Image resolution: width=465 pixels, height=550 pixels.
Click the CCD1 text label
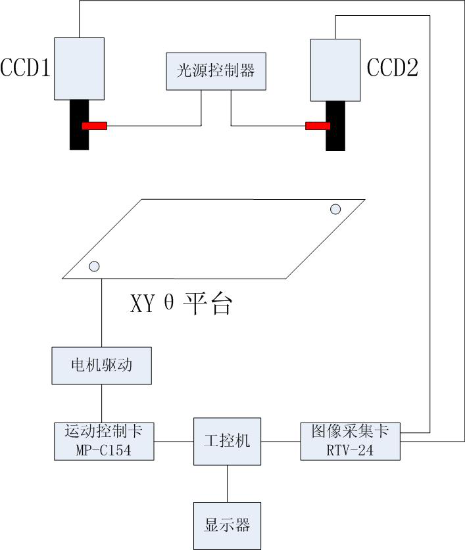click(26, 68)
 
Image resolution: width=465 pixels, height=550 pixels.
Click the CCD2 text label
click(393, 68)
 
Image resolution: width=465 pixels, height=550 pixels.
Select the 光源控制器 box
click(215, 71)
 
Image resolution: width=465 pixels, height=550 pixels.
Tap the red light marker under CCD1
click(94, 126)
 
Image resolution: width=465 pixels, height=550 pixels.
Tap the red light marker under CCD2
click(318, 126)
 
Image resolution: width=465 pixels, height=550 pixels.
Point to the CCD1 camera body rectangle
click(79, 68)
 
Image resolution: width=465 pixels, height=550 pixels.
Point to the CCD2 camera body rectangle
click(335, 70)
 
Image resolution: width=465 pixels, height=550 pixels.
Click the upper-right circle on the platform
click(335, 209)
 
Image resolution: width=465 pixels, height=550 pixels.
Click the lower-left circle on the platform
click(94, 266)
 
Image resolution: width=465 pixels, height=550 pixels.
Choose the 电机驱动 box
click(101, 365)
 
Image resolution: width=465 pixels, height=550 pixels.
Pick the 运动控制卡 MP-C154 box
click(105, 441)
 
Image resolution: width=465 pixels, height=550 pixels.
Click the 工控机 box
click(227, 442)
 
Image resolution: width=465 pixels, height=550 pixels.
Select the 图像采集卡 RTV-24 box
click(351, 441)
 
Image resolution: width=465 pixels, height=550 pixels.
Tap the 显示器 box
click(227, 526)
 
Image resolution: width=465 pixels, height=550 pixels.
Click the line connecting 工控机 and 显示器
click(227, 484)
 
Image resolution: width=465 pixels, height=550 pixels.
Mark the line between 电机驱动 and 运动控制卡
click(101, 403)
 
